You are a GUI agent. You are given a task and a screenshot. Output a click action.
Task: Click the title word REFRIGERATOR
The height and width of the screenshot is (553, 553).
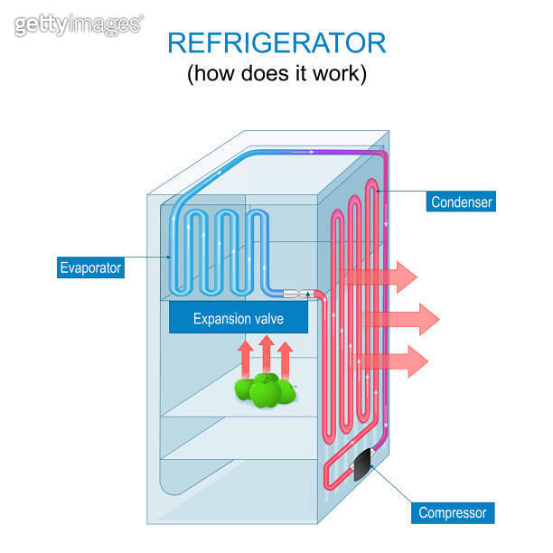click(276, 42)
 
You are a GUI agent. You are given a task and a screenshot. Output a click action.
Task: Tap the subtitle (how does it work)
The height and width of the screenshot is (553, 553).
click(276, 74)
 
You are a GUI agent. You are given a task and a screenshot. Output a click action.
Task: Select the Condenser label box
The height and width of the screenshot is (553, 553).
click(462, 202)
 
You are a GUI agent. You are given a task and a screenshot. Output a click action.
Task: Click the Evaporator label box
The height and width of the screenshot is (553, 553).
click(89, 267)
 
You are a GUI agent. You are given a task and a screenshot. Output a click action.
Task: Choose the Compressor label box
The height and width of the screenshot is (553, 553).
click(452, 513)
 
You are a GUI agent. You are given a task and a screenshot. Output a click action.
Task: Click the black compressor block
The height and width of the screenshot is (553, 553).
click(363, 464)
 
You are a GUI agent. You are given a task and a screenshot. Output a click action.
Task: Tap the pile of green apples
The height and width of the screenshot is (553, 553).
click(265, 389)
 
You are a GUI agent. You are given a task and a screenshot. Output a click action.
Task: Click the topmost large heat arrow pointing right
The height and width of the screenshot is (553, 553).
click(384, 276)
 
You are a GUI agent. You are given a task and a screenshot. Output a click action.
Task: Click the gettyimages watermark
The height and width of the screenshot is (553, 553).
click(78, 24)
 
